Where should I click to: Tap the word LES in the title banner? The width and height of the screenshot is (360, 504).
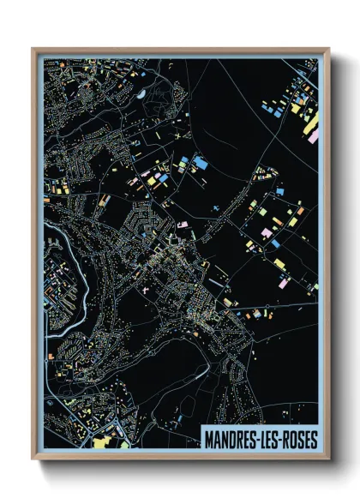point(272,440)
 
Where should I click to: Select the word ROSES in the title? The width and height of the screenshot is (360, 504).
point(300,440)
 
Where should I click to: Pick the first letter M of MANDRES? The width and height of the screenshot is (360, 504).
point(210,440)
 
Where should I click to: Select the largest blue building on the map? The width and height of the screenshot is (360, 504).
point(200,161)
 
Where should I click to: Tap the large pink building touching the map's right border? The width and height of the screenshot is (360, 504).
point(314,135)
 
